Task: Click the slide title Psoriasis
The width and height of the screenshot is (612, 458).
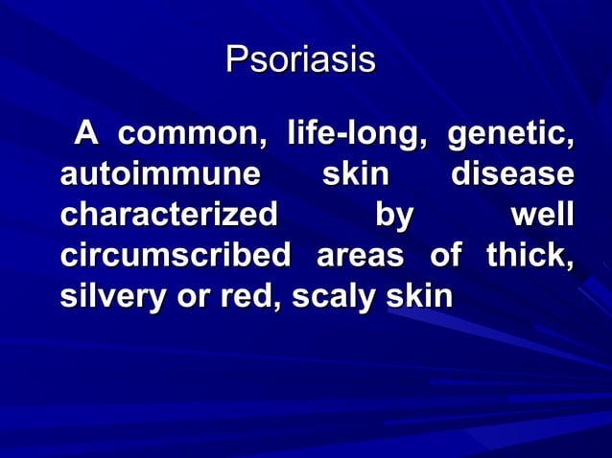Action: (300, 60)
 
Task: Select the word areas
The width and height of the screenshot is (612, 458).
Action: (359, 258)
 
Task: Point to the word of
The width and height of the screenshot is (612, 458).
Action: (445, 258)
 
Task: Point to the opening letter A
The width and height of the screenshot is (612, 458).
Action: (87, 138)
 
